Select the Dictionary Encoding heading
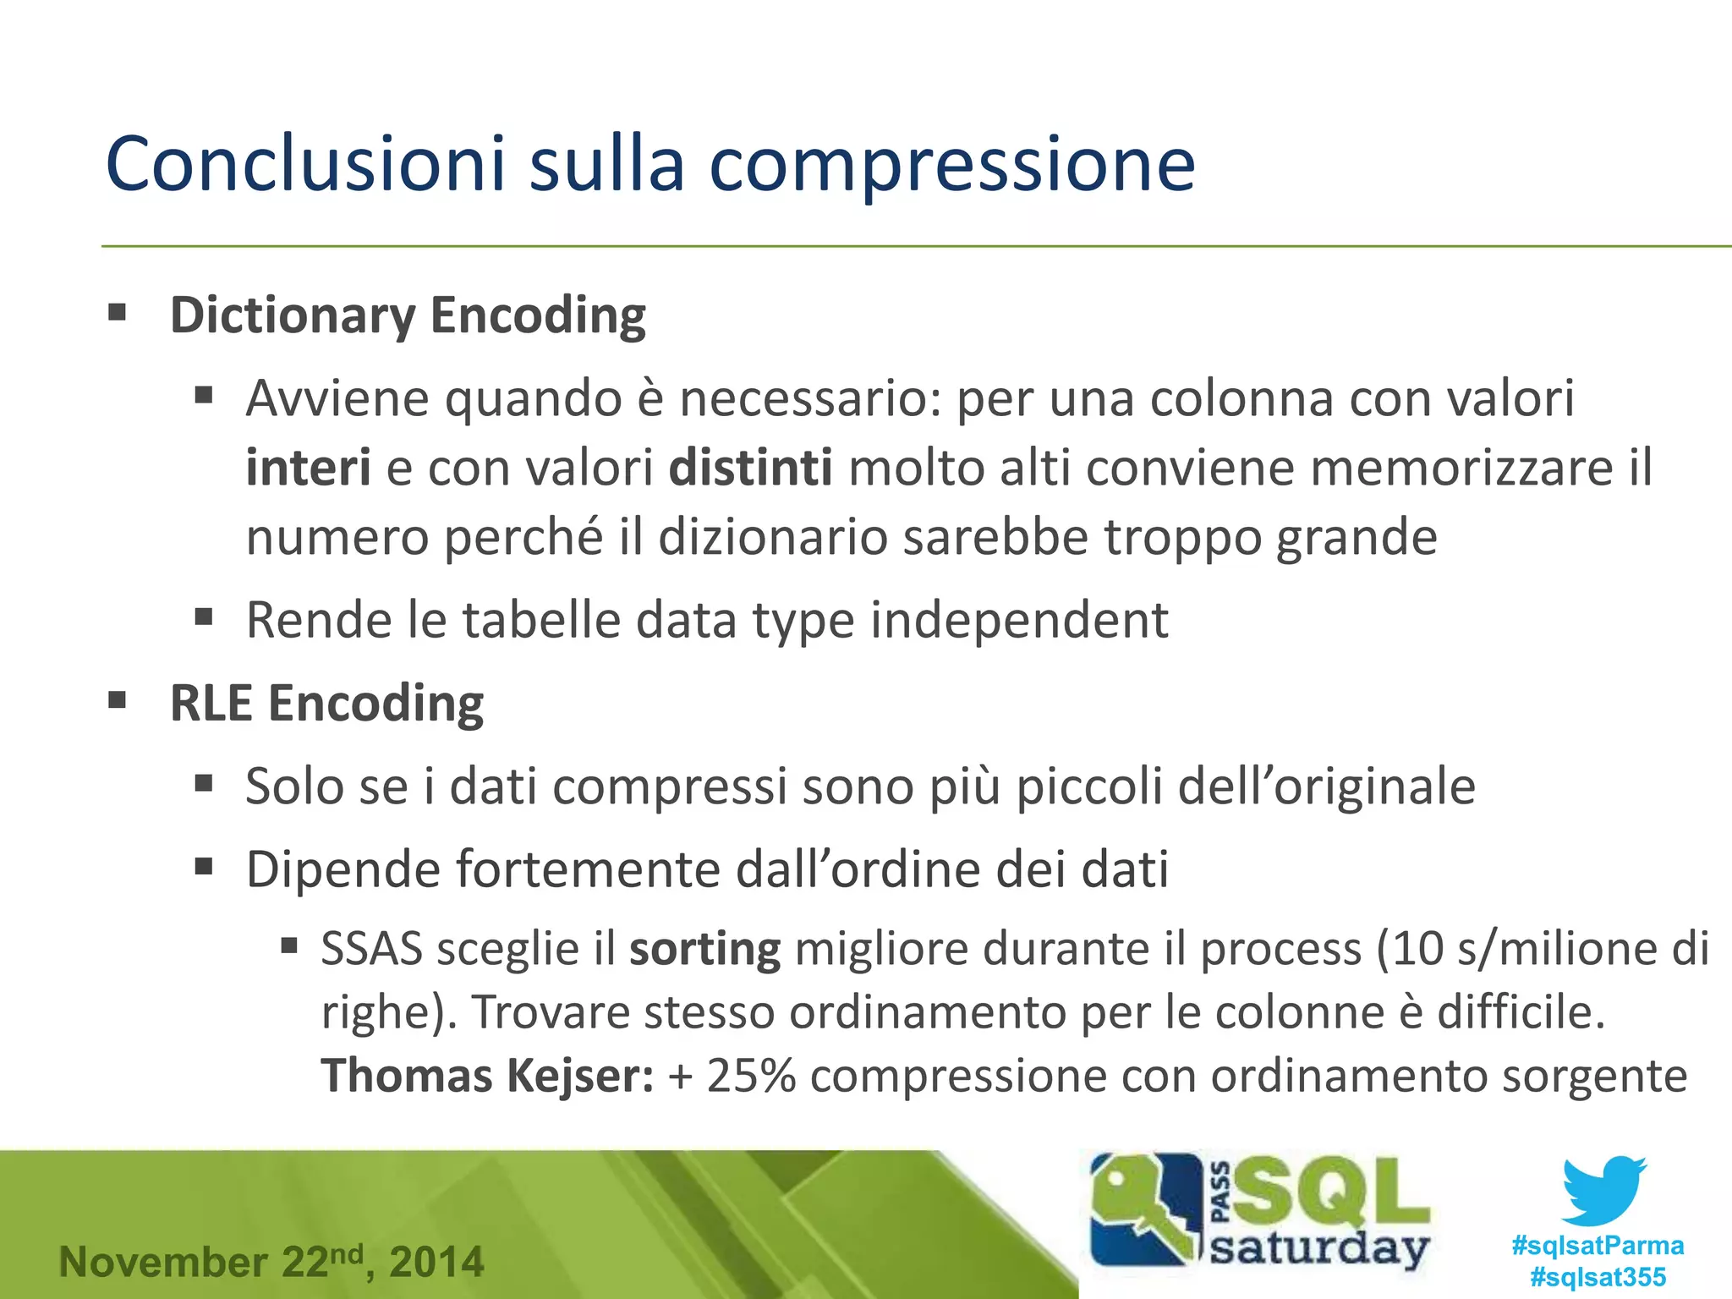tap(408, 315)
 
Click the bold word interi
tap(308, 468)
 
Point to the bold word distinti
tap(750, 468)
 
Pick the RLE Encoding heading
tap(326, 703)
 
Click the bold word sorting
tap(704, 949)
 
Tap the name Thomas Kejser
tap(487, 1076)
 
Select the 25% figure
tap(751, 1076)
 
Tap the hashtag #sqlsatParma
tap(1598, 1245)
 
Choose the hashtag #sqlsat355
tap(1598, 1276)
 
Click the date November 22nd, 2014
tap(271, 1262)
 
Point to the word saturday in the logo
tap(1319, 1248)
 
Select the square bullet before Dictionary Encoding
tap(118, 314)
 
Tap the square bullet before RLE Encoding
tap(118, 701)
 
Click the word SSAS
tap(371, 949)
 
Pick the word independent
tap(1019, 620)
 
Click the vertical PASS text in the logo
tap(1220, 1192)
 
